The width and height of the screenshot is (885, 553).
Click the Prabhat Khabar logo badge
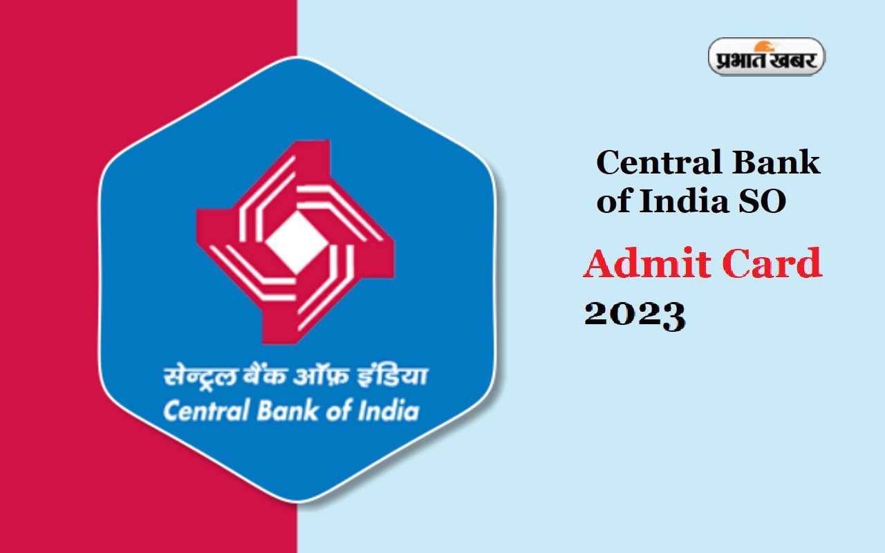pyautogui.click(x=766, y=56)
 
